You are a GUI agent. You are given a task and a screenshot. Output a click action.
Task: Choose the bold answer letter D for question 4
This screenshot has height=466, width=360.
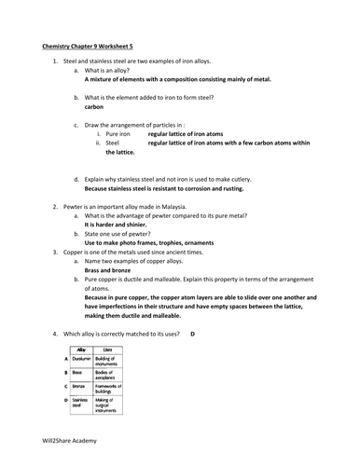coord(192,333)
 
